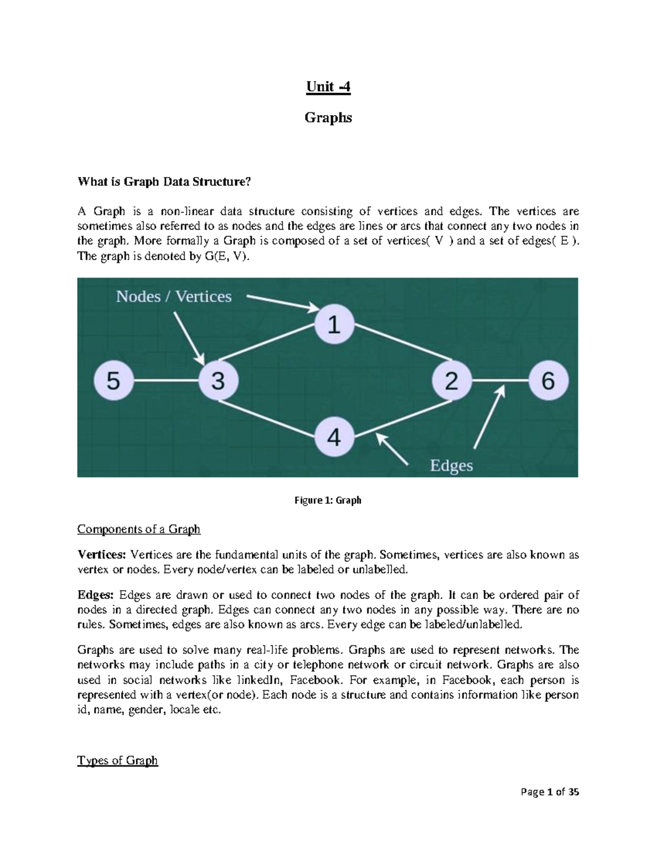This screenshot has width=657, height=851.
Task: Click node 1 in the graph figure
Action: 334,326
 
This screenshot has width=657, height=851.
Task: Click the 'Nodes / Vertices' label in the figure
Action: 174,296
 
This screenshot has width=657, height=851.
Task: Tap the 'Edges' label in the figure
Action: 451,466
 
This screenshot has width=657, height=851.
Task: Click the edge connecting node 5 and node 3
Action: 165,380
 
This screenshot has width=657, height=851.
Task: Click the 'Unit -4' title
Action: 327,87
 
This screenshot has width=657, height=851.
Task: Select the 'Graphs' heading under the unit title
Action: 328,117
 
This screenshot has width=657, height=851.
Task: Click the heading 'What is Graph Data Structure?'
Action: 164,182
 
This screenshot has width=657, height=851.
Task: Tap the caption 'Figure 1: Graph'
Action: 328,500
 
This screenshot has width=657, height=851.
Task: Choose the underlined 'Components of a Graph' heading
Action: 139,529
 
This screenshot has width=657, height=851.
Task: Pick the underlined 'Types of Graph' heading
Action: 117,761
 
